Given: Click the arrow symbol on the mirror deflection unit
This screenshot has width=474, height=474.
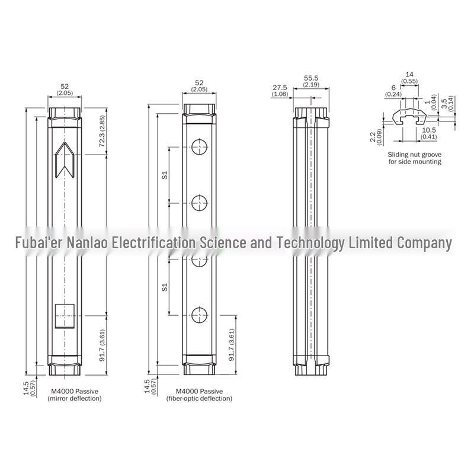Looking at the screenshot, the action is [x=65, y=159].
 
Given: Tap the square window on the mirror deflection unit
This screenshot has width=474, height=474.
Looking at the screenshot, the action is [x=65, y=316].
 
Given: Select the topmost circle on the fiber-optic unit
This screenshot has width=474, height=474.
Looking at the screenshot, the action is [x=200, y=147].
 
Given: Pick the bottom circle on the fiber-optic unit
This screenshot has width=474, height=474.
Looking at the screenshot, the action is [x=200, y=315].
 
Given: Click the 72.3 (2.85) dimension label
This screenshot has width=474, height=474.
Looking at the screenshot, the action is [x=102, y=131].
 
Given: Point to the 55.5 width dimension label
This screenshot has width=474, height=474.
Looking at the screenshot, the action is [x=311, y=81].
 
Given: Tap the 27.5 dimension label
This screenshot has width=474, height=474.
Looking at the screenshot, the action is [x=280, y=91].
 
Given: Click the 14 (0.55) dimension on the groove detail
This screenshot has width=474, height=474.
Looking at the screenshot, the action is [x=409, y=78].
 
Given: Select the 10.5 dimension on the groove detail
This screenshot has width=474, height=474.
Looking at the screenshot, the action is [x=428, y=133].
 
